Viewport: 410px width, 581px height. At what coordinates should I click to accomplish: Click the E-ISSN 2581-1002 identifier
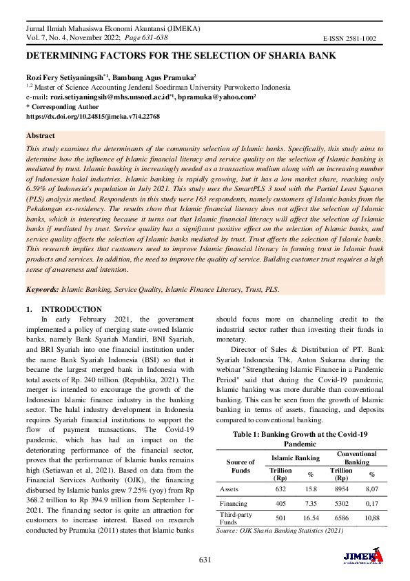point(349,40)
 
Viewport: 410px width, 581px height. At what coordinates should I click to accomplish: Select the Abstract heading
point(41,136)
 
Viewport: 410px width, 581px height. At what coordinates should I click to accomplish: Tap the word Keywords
point(42,290)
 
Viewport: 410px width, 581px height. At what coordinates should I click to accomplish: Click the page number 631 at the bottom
point(205,558)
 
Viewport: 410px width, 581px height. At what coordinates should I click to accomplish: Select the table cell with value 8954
point(341,488)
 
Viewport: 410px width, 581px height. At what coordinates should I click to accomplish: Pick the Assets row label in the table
point(229,488)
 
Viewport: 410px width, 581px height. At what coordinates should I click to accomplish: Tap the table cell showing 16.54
point(310,518)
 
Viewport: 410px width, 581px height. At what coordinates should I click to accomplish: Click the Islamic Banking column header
point(295,457)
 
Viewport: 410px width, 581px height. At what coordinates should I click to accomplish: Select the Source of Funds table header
point(240,466)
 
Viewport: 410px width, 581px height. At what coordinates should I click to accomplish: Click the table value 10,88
point(372,518)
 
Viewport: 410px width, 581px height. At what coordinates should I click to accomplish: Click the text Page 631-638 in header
point(127,39)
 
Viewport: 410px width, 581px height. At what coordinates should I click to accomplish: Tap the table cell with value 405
point(280,504)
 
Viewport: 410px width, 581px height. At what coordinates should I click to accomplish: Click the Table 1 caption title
point(300,439)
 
